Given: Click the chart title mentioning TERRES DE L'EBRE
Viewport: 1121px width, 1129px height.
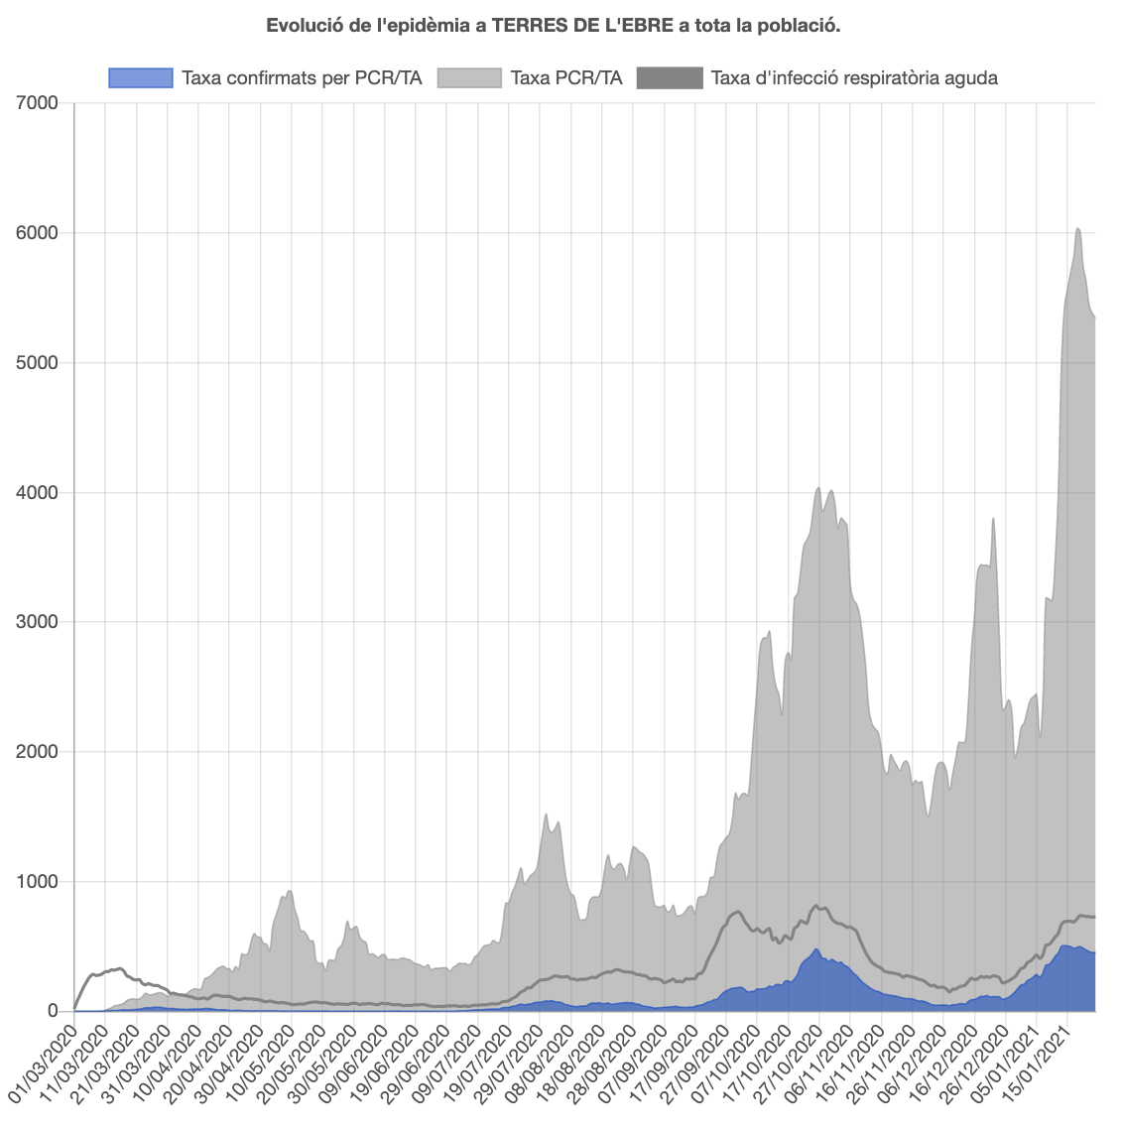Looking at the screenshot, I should click(x=554, y=26).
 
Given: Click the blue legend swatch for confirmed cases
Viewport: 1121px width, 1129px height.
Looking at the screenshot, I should click(x=141, y=77).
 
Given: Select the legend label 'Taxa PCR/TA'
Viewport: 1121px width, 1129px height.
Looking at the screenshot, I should click(x=565, y=77).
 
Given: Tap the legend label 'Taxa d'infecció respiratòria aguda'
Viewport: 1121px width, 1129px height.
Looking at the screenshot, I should click(x=854, y=77).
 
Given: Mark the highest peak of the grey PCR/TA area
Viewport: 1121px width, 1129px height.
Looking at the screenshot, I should click(x=1077, y=229).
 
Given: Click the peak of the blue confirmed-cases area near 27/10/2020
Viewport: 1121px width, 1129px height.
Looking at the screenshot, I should click(x=816, y=950).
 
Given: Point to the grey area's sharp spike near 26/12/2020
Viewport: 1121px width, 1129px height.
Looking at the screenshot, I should click(x=993, y=519).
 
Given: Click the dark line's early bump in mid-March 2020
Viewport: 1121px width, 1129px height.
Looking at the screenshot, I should click(x=119, y=968).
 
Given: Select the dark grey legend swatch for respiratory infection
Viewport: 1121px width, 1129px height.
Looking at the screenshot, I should click(x=670, y=77).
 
